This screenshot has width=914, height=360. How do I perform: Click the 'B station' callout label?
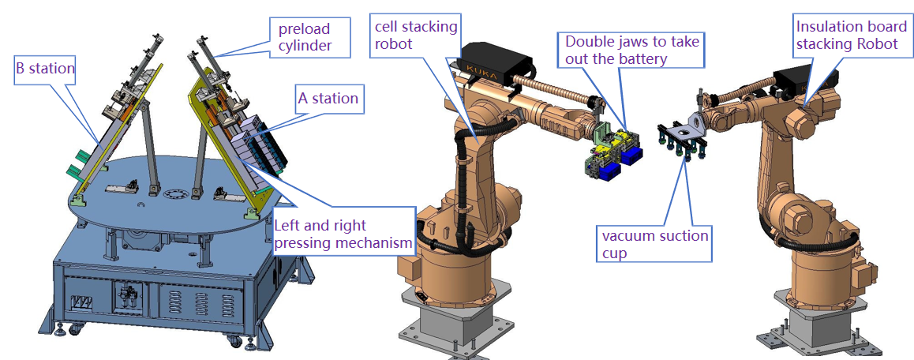(x=45, y=69)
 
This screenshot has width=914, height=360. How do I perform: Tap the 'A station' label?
(x=328, y=99)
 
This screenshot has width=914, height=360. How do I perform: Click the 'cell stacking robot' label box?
(x=416, y=36)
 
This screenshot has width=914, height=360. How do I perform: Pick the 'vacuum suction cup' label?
(x=656, y=244)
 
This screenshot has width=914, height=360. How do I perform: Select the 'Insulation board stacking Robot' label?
(x=847, y=36)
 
